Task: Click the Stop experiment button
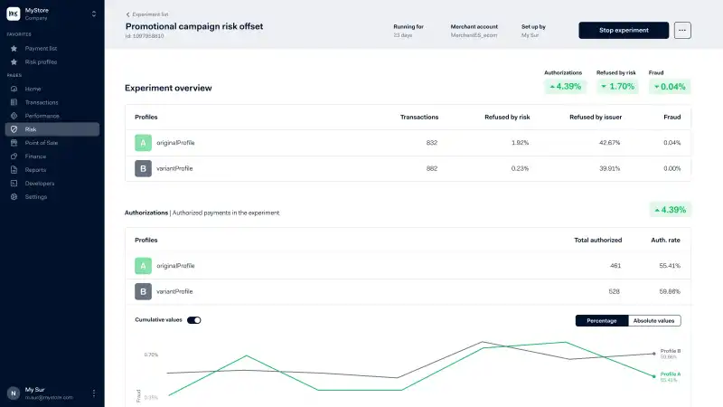tap(624, 30)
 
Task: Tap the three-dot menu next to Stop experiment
tap(682, 30)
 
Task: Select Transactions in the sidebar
tap(42, 102)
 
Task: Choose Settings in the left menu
tap(36, 196)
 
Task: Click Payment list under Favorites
tap(42, 48)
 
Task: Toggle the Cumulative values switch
tap(194, 320)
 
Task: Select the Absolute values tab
tap(654, 320)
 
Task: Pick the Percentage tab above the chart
tap(602, 320)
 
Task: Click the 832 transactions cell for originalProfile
tap(431, 143)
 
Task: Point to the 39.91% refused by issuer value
tap(609, 168)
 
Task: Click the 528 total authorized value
tap(614, 291)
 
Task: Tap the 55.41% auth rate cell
tap(669, 266)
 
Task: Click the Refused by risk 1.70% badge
tap(618, 87)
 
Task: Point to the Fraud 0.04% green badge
tap(670, 87)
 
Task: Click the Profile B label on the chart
tap(670, 351)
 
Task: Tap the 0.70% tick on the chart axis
tap(151, 355)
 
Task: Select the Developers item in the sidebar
tap(40, 183)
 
